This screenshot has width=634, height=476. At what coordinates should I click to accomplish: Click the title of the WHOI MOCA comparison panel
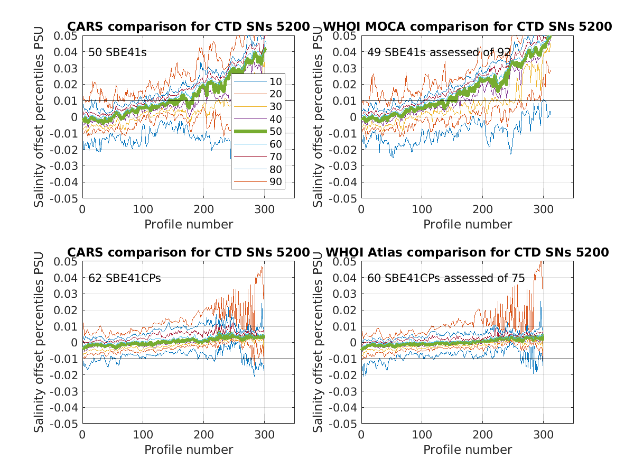click(x=467, y=26)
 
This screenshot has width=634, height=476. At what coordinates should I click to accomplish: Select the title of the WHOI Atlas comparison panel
click(x=467, y=252)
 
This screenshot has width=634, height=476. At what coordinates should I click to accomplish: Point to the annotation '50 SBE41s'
click(x=117, y=52)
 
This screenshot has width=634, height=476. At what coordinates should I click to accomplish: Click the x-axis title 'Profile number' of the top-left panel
click(x=189, y=224)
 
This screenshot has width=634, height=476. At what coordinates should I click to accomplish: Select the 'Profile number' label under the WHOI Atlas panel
click(x=468, y=450)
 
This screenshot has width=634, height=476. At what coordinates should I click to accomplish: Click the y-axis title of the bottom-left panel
click(x=39, y=343)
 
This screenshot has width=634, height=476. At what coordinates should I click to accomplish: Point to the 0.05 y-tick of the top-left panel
click(x=67, y=35)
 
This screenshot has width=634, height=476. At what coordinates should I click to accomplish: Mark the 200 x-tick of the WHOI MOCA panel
click(x=482, y=209)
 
